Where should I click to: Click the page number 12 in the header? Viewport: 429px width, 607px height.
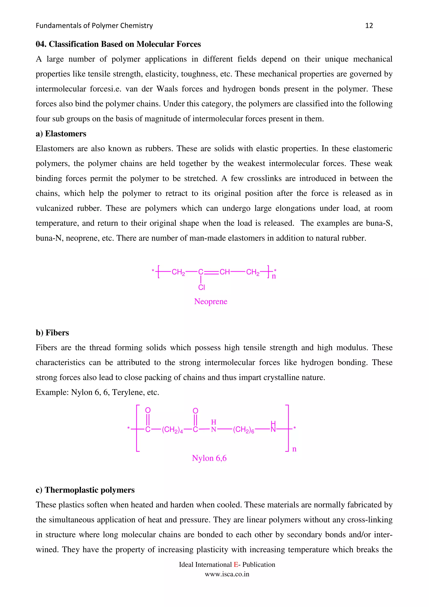pyautogui.click(x=369, y=26)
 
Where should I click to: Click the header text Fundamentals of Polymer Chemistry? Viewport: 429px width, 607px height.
pyautogui.click(x=94, y=26)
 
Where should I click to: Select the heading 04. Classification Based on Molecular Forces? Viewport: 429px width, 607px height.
pyautogui.click(x=118, y=44)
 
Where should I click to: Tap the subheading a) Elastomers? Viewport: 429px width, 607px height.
pyautogui.click(x=61, y=134)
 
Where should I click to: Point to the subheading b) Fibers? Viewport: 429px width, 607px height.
pyautogui.click(x=52, y=333)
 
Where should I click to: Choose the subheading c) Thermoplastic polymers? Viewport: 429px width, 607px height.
pyautogui.click(x=85, y=490)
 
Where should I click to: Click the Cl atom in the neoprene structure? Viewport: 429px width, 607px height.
pyautogui.click(x=202, y=287)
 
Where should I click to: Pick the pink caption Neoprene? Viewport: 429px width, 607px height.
pyautogui.click(x=211, y=301)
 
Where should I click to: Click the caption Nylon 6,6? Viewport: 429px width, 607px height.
pyautogui.click(x=209, y=458)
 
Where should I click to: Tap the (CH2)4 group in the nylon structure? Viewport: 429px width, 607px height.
pyautogui.click(x=172, y=430)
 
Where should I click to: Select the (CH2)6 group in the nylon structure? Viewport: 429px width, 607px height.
pyautogui.click(x=243, y=430)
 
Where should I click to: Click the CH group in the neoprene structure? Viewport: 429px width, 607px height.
pyautogui.click(x=225, y=272)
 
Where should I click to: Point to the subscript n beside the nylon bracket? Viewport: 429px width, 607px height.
pyautogui.click(x=294, y=449)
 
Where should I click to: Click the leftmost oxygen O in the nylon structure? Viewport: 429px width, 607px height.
pyautogui.click(x=148, y=410)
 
